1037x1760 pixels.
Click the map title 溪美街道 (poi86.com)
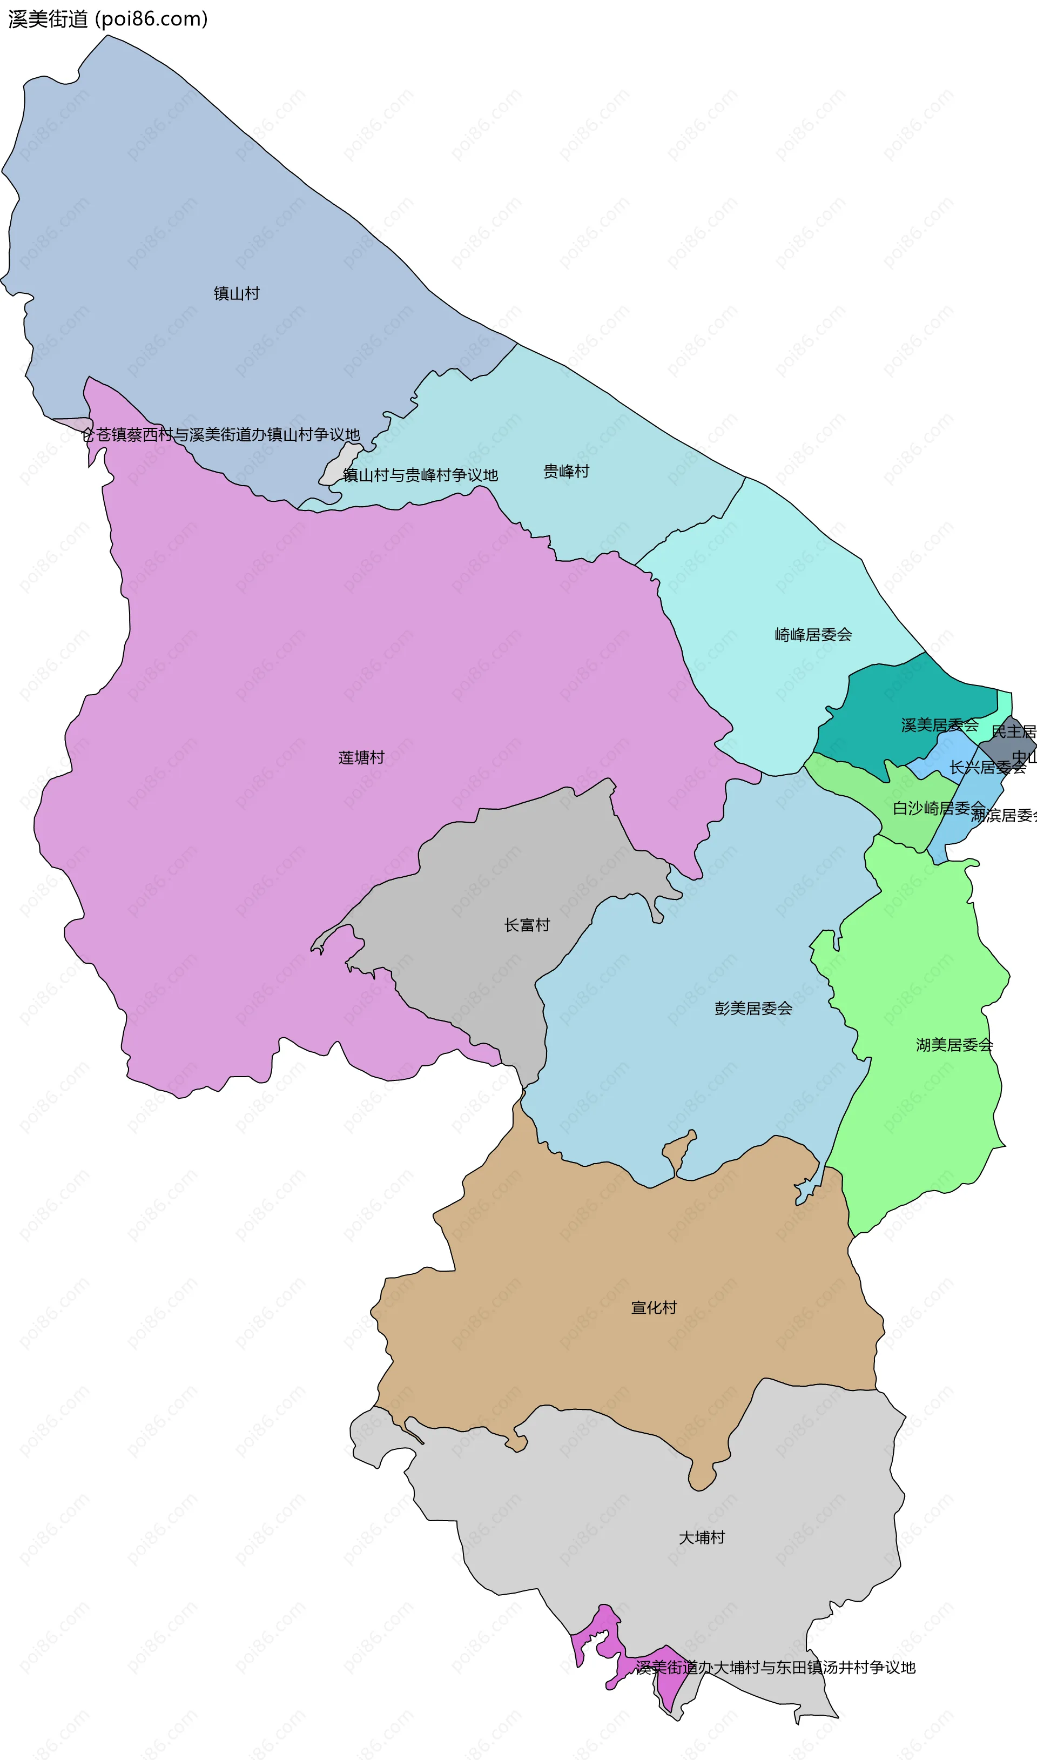tap(107, 19)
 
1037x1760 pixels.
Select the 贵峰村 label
tap(566, 472)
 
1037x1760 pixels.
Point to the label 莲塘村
tap(361, 758)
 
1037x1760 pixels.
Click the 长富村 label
tap(527, 925)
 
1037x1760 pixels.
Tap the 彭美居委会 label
tap(753, 1008)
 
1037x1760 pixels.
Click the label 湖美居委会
tap(954, 1045)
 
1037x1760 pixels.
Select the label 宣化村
tap(654, 1308)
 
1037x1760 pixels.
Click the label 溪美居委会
tap(939, 726)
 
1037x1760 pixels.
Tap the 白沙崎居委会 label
tap(939, 808)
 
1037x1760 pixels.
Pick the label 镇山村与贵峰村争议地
tap(420, 475)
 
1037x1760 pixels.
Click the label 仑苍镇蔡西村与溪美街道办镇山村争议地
tap(221, 434)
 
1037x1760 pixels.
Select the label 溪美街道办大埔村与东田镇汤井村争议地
tap(775, 1668)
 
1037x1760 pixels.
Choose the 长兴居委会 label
tap(987, 768)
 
